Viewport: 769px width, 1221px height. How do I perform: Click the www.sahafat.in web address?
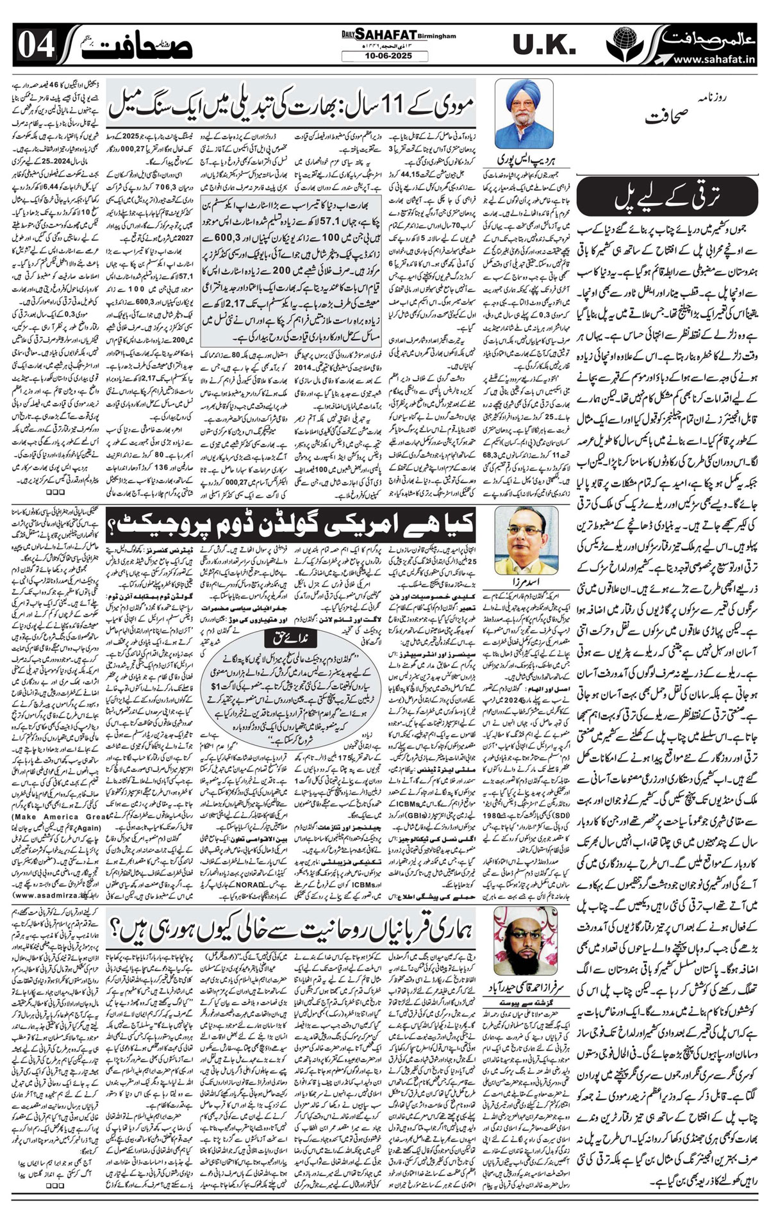coord(714,59)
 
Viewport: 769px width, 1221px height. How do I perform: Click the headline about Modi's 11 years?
coord(292,105)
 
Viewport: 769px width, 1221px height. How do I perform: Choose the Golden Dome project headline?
coord(292,525)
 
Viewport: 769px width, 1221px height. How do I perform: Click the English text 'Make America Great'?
coord(59,817)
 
